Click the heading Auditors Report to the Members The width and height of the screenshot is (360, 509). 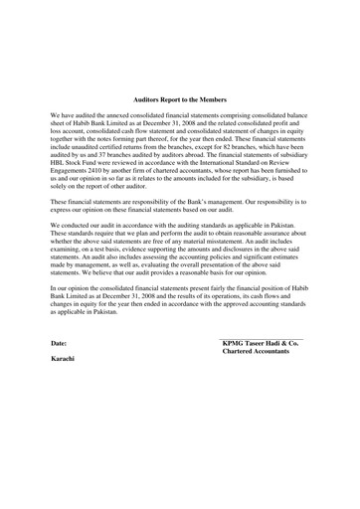click(x=179, y=100)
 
